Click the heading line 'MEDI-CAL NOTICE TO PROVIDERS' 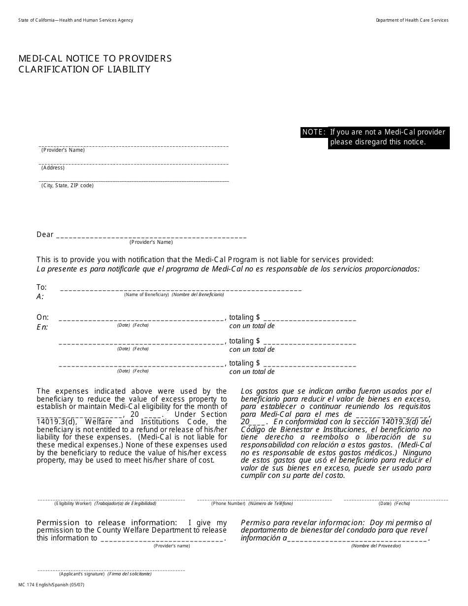click(x=95, y=59)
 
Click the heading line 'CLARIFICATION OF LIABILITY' click(x=84, y=69)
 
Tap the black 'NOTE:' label click(x=314, y=132)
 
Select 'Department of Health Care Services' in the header click(x=412, y=20)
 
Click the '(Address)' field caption click(x=53, y=168)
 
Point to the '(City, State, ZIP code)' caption click(x=67, y=186)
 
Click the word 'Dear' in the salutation click(x=45, y=235)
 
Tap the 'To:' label click(x=41, y=287)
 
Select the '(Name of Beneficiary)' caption click(x=146, y=295)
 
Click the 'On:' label click(x=42, y=317)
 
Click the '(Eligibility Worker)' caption click(x=73, y=504)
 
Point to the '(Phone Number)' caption click(x=228, y=504)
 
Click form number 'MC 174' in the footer click(x=27, y=584)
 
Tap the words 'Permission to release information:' click(x=106, y=523)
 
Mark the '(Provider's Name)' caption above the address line click(x=63, y=150)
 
